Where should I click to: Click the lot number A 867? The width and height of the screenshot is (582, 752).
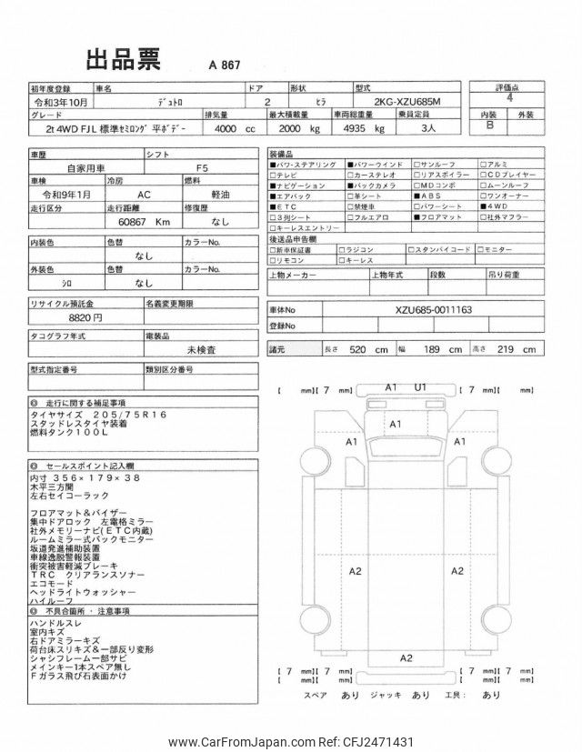pos(225,66)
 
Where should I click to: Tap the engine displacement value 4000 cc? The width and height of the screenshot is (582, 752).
pos(235,131)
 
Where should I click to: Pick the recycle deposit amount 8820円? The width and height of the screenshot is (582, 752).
pos(85,318)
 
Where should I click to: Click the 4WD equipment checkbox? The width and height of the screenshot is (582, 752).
pos(483,206)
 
